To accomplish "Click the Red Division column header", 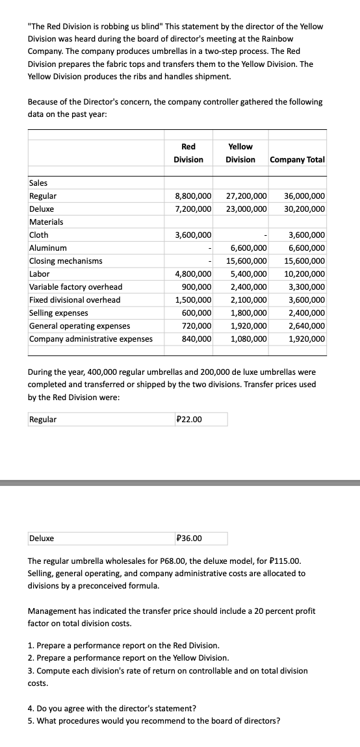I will tap(188, 153).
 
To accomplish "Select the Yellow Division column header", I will tap(240, 153).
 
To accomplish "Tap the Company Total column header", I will tap(297, 159).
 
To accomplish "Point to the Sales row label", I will tap(38, 183).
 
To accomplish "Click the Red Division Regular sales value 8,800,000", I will tap(194, 196).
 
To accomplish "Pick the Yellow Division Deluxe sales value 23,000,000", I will tap(246, 209).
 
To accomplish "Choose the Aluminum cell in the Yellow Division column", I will tap(249, 248).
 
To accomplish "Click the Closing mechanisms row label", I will tap(66, 261).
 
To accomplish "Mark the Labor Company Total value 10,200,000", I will tap(305, 274).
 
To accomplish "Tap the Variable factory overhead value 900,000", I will tap(197, 287).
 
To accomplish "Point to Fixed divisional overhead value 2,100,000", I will tap(249, 300).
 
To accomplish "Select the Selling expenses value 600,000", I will tap(197, 313).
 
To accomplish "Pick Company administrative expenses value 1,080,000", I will tap(249, 339).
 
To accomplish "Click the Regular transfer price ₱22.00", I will tap(189, 419).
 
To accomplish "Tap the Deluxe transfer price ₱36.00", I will tap(189, 538).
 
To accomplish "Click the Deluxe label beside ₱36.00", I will tap(42, 538).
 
